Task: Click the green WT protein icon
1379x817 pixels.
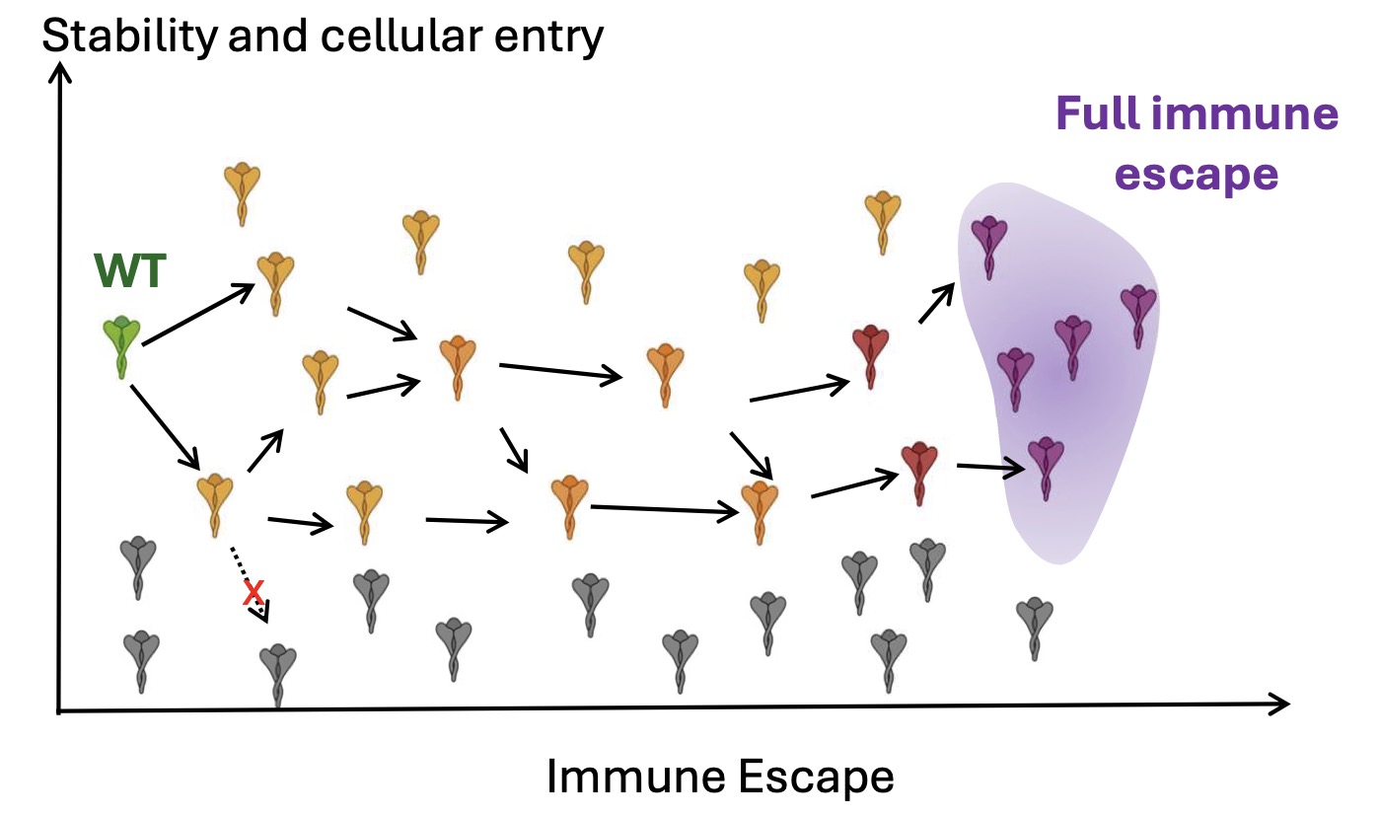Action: point(121,346)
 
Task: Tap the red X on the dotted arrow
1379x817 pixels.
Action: point(254,592)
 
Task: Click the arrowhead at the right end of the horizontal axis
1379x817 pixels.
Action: point(1278,704)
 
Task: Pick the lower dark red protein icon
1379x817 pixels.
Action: point(919,472)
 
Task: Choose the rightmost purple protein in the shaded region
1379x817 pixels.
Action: point(1138,316)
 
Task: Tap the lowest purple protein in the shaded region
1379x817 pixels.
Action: point(1046,467)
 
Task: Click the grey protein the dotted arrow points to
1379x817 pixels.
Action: point(277,674)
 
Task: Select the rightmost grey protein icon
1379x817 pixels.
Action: point(1034,627)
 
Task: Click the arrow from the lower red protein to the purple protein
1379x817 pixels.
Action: point(990,468)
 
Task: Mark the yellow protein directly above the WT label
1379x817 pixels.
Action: point(242,193)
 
